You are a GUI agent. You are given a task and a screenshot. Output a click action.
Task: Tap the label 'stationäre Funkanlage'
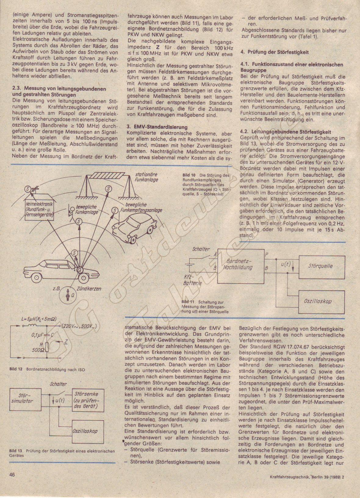coord(146,177)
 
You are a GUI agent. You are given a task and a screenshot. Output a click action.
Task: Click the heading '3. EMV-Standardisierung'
coord(157,127)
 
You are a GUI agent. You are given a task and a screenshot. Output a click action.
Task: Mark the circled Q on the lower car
coord(79,270)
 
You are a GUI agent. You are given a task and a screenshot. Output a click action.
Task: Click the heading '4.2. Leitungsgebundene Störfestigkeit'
coord(286,132)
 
